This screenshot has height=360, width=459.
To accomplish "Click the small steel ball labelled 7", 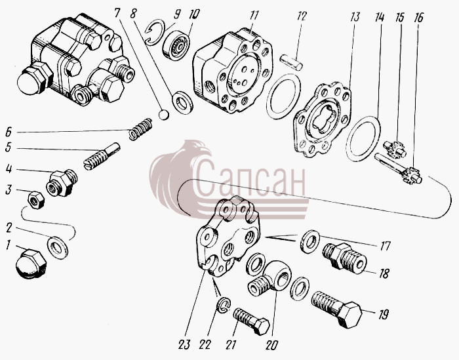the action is tap(164, 115).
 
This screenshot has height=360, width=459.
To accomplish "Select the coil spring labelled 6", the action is tap(141, 129).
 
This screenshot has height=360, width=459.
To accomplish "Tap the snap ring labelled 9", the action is tap(155, 33).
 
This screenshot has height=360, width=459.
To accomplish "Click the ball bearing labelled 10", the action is tap(176, 45).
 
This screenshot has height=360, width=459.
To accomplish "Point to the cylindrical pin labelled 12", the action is tap(291, 62).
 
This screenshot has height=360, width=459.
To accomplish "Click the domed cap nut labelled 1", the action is tap(31, 264).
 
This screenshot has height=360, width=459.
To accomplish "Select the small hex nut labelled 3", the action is tap(36, 200).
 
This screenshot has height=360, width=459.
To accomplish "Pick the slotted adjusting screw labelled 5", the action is tap(102, 156).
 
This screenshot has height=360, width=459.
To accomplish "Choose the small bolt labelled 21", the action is tap(252, 321).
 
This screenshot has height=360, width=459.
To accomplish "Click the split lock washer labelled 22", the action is tap(224, 305).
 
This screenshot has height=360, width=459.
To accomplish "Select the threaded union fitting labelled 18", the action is tap(344, 258).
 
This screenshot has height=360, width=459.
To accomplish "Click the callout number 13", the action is tap(355, 17).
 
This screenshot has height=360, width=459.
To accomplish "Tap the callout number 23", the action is tap(184, 345).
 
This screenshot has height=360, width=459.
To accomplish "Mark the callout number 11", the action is tap(254, 15).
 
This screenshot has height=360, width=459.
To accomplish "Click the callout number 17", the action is tap(385, 246).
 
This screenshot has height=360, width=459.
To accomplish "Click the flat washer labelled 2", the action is tap(58, 248).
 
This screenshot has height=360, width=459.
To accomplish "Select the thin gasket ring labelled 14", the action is tap(363, 138).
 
